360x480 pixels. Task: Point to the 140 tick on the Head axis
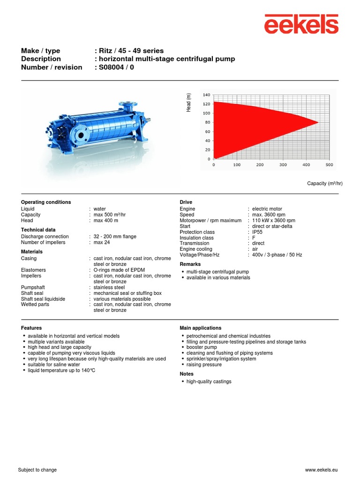point(206,95)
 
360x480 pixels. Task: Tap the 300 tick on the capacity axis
point(283,165)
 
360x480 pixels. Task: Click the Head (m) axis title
point(189,102)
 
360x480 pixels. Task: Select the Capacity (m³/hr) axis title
point(324,183)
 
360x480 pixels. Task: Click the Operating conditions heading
point(46,202)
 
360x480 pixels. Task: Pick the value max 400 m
point(105,220)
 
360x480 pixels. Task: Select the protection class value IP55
point(258,232)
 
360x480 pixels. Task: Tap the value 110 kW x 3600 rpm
point(274,220)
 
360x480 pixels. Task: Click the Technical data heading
point(38,230)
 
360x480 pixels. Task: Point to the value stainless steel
point(109,287)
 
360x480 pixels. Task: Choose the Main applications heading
point(201,328)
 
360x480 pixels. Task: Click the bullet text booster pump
point(202,347)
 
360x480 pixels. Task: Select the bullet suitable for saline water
point(54,364)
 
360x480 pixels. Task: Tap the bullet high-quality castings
point(209,382)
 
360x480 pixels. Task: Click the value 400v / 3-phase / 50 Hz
point(277,255)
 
